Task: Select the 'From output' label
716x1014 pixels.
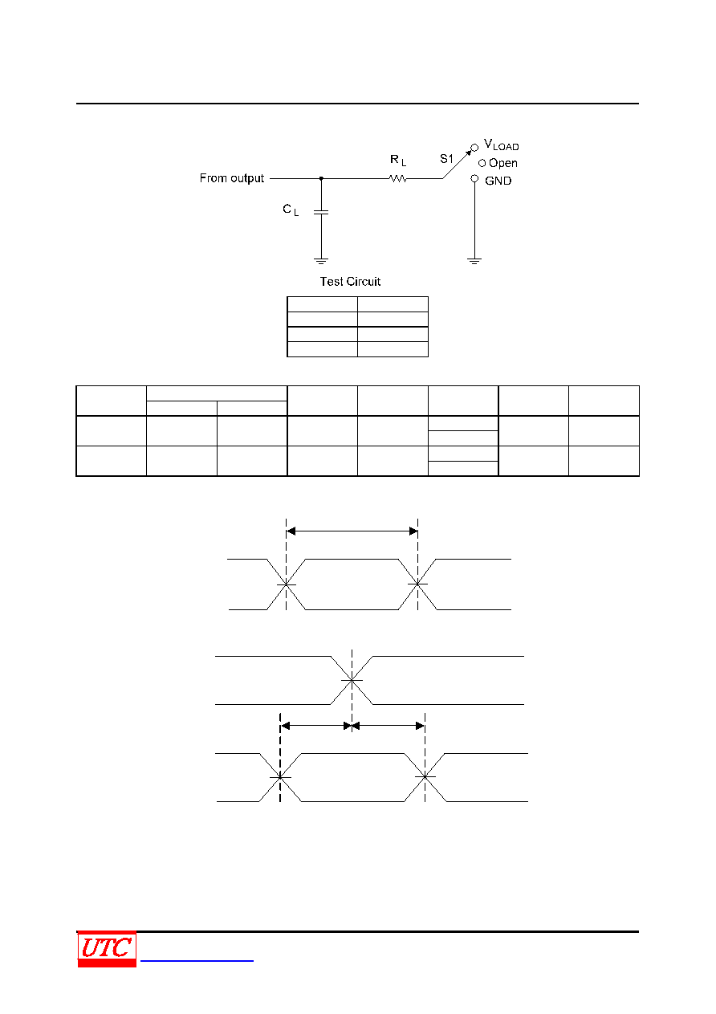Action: [232, 178]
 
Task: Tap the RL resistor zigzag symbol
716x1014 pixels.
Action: [398, 179]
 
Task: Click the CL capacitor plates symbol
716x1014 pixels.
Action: [321, 212]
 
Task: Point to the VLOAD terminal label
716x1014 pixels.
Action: [502, 145]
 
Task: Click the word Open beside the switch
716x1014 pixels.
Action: [503, 163]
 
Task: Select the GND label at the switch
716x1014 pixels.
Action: [498, 181]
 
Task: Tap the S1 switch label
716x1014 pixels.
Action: [446, 158]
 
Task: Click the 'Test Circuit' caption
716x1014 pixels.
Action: [350, 282]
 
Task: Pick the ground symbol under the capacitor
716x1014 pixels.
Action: [321, 261]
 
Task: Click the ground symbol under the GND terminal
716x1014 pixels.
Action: [474, 261]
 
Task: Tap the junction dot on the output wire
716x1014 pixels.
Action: [321, 179]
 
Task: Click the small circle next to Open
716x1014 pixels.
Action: [482, 163]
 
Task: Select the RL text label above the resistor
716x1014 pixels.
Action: [398, 161]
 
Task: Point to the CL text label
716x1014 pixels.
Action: [291, 210]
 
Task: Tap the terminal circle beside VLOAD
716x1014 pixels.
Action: [474, 148]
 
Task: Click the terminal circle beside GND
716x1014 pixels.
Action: [474, 178]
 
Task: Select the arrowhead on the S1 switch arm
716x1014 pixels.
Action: [469, 153]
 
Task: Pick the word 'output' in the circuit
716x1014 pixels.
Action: [247, 179]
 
